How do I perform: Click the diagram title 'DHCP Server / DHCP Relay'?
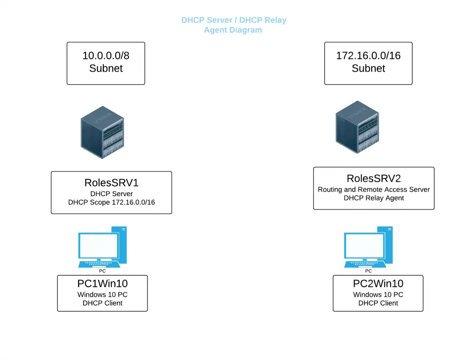point(233,20)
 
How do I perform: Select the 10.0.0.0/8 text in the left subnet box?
point(106,56)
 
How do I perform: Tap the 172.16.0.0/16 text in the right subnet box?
point(368,56)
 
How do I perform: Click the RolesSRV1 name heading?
point(111,183)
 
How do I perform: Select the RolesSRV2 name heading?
point(374,178)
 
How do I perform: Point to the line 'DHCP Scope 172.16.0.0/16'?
point(111,202)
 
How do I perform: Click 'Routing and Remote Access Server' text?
point(374,189)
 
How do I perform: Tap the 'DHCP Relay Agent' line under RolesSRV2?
point(374,198)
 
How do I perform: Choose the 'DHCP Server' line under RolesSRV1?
point(111,193)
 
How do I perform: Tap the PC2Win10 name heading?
point(378,284)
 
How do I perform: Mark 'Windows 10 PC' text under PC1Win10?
point(102,294)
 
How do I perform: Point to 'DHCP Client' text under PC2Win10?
point(378,303)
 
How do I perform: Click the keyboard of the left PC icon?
point(99,264)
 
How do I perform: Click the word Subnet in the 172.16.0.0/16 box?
point(368,68)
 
